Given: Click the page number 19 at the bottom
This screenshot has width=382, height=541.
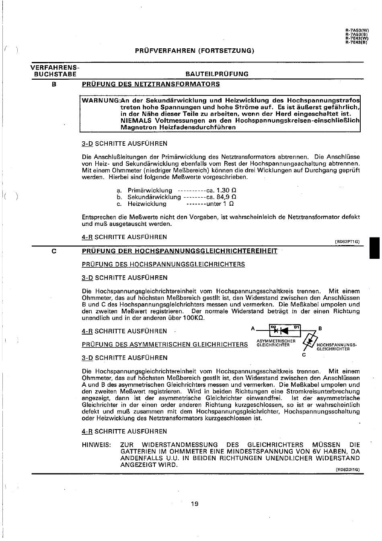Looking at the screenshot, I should click(195, 504).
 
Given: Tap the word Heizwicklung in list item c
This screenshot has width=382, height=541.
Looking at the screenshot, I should click(147, 204).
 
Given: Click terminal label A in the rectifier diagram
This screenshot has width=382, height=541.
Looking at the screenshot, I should click(253, 328).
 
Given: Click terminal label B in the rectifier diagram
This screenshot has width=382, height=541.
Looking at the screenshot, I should click(320, 328).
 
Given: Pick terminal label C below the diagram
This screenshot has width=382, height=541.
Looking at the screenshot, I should click(304, 355).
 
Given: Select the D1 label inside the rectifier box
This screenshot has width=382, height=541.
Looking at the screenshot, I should click(296, 327).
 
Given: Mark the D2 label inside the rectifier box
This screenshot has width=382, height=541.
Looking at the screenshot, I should click(273, 327).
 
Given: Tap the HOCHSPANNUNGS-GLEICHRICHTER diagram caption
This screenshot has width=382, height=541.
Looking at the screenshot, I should click(337, 347).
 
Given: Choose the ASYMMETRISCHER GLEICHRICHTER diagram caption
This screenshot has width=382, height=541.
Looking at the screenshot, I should click(276, 343).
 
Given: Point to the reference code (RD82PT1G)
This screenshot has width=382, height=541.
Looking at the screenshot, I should click(347, 242).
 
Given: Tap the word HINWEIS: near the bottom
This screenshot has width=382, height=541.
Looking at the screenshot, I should click(96, 445).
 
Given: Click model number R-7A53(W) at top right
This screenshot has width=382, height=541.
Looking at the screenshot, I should click(357, 31).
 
